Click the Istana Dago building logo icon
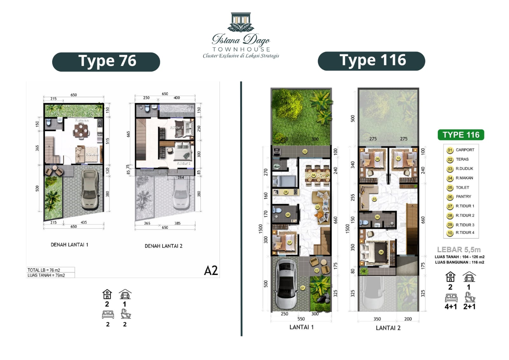[241, 22]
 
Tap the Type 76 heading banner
[106, 62]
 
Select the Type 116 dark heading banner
[371, 61]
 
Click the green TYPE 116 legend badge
[461, 135]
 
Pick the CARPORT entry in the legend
[464, 150]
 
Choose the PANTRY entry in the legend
[463, 197]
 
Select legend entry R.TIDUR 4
[464, 233]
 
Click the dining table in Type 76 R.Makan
[81, 130]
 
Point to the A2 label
[211, 271]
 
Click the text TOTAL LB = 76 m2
[44, 270]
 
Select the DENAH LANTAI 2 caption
[164, 246]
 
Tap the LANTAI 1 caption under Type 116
[301, 327]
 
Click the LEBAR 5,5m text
[458, 250]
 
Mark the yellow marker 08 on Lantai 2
[381, 252]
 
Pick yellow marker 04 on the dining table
[313, 175]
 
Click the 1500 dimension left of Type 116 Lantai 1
[261, 229]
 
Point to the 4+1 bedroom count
[450, 307]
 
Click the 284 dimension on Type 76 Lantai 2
[181, 178]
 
